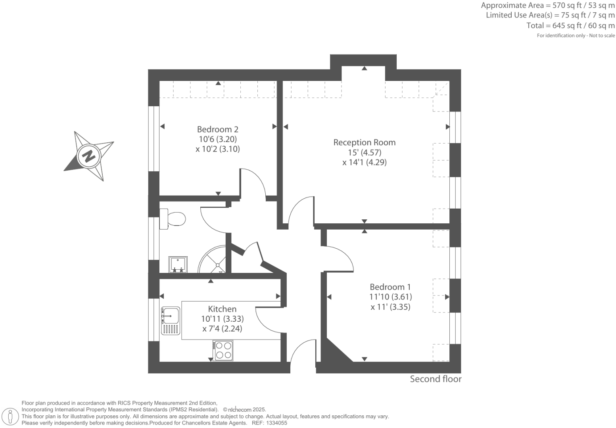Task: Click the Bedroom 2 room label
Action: (x=217, y=129)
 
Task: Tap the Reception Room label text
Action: (x=364, y=142)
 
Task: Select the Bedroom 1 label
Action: (x=390, y=287)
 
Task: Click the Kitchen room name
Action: (x=222, y=309)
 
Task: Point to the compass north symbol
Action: (x=89, y=155)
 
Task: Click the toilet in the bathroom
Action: (x=173, y=219)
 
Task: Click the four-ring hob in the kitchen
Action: (x=223, y=350)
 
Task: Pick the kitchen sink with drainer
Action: (x=170, y=321)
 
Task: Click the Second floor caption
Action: (x=436, y=379)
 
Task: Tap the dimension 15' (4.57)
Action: (x=364, y=152)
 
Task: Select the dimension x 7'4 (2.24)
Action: (x=222, y=329)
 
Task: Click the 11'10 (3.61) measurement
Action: (x=390, y=297)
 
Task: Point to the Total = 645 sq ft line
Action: (x=570, y=26)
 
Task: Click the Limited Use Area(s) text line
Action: (x=550, y=15)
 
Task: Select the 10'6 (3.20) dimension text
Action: (x=217, y=139)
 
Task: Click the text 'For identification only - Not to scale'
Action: (x=576, y=36)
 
